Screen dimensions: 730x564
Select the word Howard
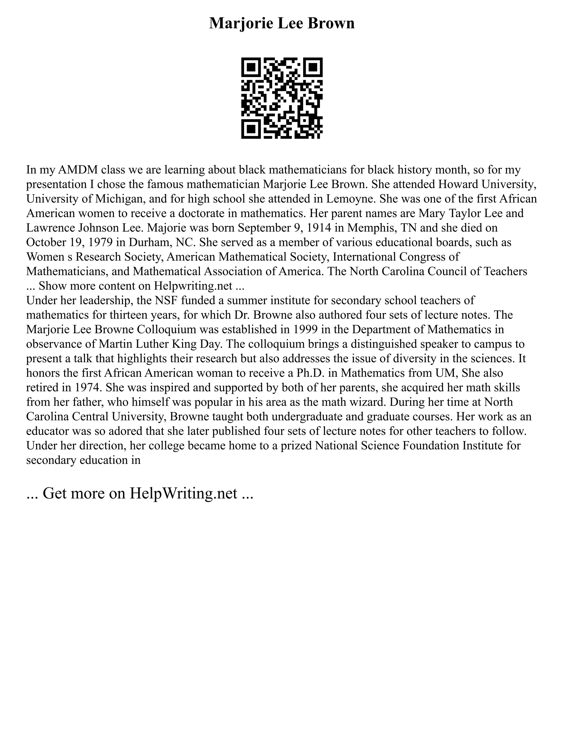434,184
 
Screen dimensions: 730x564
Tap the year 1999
306,329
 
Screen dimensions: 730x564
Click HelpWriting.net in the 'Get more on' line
183,493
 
